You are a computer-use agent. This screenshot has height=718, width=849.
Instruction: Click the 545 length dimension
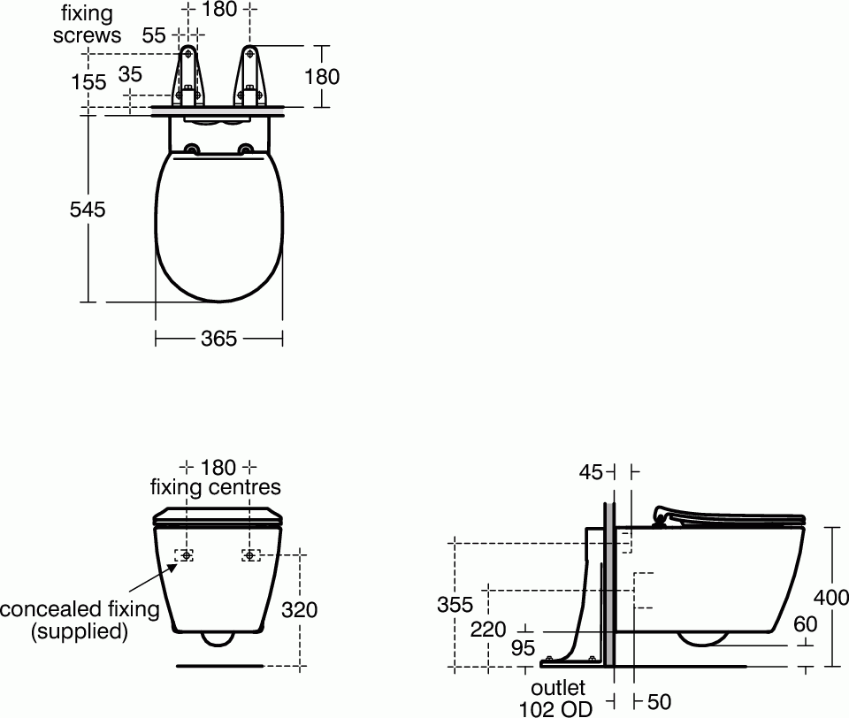(88, 210)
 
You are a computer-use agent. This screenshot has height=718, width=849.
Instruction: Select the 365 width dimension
(218, 339)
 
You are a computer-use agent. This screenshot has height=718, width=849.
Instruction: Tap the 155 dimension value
(88, 82)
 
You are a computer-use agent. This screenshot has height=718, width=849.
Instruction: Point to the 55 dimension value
(155, 35)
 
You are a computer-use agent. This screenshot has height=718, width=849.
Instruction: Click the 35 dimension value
(130, 74)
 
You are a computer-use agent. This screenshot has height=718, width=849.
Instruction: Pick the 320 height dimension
(299, 609)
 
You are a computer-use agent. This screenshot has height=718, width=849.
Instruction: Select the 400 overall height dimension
(831, 598)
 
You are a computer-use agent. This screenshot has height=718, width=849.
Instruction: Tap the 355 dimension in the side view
(455, 605)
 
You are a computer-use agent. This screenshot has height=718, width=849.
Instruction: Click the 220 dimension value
(488, 629)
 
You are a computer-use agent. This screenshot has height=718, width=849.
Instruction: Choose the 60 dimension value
(805, 624)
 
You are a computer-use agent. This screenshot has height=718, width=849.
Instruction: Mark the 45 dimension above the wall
(591, 473)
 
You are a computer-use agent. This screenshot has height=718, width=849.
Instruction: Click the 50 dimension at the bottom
(659, 701)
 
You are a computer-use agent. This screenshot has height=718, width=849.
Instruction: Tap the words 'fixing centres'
(215, 487)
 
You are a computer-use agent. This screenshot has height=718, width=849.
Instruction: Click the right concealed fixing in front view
(250, 555)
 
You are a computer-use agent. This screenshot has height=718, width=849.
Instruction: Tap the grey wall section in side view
(609, 584)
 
